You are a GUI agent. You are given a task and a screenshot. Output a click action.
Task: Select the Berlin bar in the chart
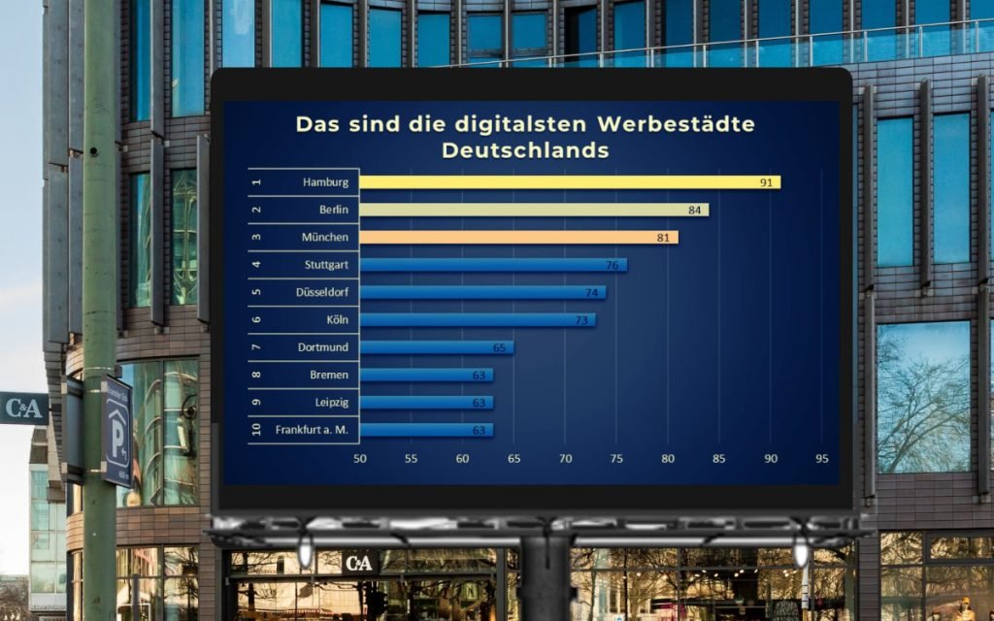pyautogui.click(x=534, y=210)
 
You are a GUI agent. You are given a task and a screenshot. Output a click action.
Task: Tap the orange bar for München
pyautogui.click(x=518, y=237)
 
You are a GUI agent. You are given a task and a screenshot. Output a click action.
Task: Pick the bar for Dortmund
pyautogui.click(x=436, y=347)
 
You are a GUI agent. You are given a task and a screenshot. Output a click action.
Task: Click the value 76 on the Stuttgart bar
pyautogui.click(x=613, y=265)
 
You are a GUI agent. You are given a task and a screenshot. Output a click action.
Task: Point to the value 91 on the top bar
pyautogui.click(x=767, y=182)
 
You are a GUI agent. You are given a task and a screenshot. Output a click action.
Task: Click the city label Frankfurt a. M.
pyautogui.click(x=312, y=430)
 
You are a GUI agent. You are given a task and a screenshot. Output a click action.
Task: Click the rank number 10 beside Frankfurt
pyautogui.click(x=256, y=430)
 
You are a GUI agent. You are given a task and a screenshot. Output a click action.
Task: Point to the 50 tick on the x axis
pyautogui.click(x=360, y=458)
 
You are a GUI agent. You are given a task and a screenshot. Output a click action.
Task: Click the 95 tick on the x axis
pyautogui.click(x=822, y=458)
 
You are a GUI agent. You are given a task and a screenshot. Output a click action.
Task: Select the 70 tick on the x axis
pyautogui.click(x=565, y=458)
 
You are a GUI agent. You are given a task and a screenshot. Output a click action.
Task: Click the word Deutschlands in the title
pyautogui.click(x=525, y=150)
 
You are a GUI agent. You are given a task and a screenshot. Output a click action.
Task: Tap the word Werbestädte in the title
pyautogui.click(x=677, y=124)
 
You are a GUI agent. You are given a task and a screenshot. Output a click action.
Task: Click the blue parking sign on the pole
pyautogui.click(x=117, y=433)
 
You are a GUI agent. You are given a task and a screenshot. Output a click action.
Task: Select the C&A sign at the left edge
pyautogui.click(x=22, y=408)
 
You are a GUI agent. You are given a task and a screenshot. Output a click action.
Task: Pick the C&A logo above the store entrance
pyautogui.click(x=358, y=562)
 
